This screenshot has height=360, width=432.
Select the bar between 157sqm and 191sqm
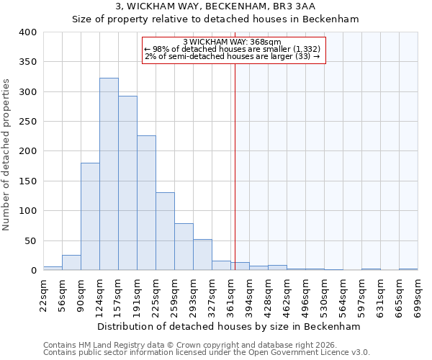127,184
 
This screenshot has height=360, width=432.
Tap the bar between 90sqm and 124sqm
90,217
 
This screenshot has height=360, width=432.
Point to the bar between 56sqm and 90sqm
71,263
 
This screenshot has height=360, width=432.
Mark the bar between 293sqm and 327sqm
202,255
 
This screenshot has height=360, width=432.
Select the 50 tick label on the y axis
30,240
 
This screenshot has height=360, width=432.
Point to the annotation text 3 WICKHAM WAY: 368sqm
232,42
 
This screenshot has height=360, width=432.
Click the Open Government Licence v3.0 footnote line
206,353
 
